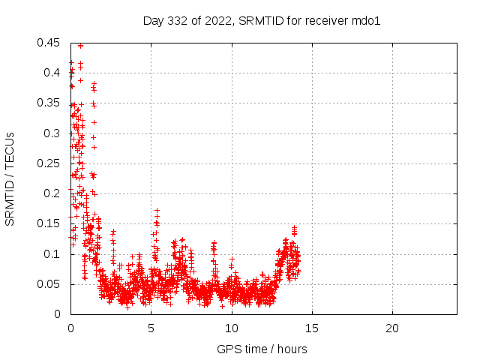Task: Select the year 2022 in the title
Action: tap(218, 21)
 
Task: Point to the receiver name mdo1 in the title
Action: tap(367, 21)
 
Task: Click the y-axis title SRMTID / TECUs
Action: tap(10, 178)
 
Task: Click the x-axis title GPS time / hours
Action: tap(262, 349)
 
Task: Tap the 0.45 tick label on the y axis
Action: tap(49, 43)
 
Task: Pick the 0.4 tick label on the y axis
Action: tap(52, 73)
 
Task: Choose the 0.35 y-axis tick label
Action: tap(49, 103)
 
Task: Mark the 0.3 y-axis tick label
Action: tap(52, 133)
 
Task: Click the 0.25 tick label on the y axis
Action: tap(49, 163)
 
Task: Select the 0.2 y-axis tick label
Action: tap(52, 193)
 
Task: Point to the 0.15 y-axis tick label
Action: tap(49, 223)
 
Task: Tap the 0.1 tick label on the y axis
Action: tap(52, 254)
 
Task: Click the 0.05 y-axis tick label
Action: tap(49, 284)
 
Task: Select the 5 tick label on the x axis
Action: tap(151, 328)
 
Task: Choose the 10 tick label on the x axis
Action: tap(232, 328)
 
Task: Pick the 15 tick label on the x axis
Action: tap(312, 328)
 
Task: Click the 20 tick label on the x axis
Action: tap(392, 328)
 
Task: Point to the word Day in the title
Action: tap(153, 21)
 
